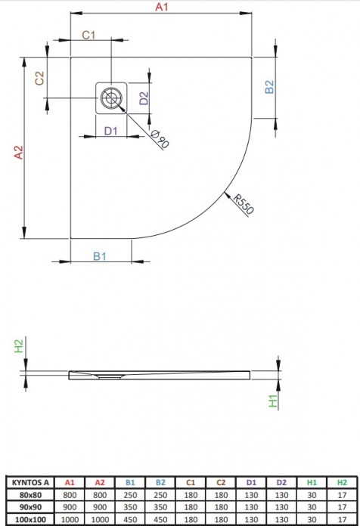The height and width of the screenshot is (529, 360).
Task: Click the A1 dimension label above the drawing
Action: (x=161, y=7)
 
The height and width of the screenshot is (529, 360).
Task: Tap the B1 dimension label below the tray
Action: (x=100, y=257)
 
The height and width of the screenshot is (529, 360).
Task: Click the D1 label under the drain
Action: (x=111, y=132)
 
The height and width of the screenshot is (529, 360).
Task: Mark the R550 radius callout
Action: (x=241, y=205)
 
